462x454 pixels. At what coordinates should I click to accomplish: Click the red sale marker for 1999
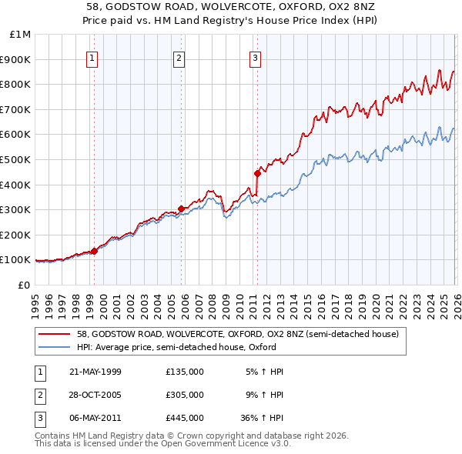(x=94, y=251)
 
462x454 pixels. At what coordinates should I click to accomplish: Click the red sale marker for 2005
(x=181, y=208)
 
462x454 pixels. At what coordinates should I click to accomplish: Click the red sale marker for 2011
(x=256, y=173)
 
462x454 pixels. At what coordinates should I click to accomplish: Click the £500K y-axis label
(x=16, y=160)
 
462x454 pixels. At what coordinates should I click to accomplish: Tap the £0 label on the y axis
(x=23, y=285)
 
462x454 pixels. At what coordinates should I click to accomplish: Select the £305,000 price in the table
(x=185, y=395)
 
